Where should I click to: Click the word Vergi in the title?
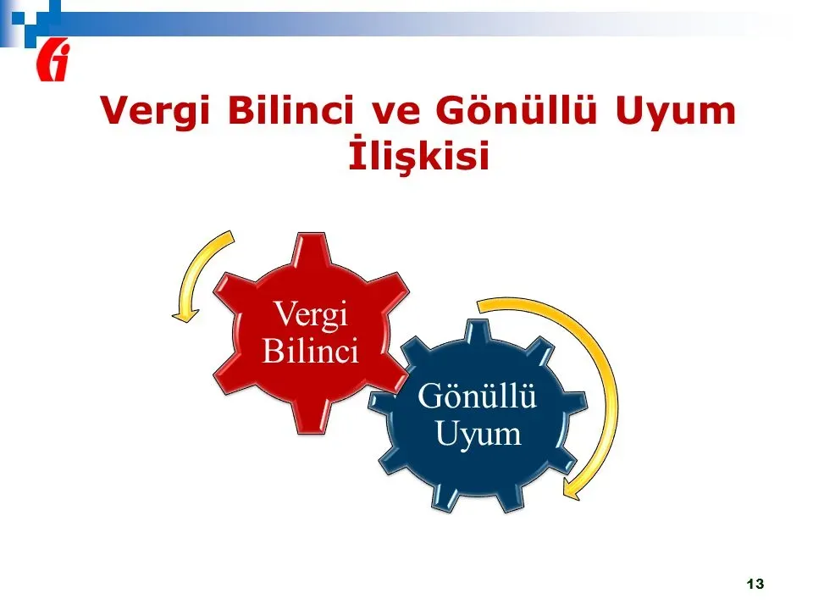(155, 110)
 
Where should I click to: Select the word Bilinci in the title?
(290, 109)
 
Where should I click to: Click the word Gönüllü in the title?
(516, 109)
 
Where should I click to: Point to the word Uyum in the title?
(676, 111)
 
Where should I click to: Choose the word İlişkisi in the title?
(419, 153)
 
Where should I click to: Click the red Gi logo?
(53, 60)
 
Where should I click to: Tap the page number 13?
(755, 584)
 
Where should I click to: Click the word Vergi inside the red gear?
(311, 314)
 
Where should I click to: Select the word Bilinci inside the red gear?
(311, 351)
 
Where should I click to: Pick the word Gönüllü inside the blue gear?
(477, 396)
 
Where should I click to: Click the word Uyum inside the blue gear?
(478, 433)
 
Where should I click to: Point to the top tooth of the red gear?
(312, 249)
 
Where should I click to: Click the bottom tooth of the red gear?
(312, 418)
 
